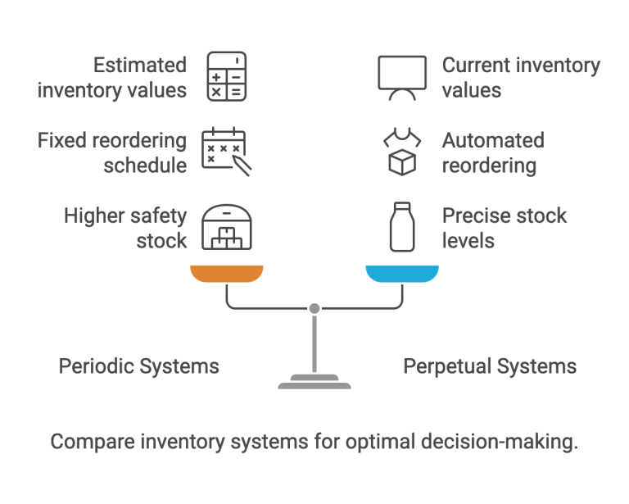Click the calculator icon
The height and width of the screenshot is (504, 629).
[x=226, y=77]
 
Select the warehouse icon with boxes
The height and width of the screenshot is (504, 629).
[x=227, y=227]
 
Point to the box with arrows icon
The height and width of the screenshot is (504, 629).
[x=402, y=152]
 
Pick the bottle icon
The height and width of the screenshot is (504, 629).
[x=402, y=228]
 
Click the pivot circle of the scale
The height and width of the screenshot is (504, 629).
[x=314, y=308]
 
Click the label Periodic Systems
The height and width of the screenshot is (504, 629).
[x=138, y=366]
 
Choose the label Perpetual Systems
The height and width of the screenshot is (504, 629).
[x=490, y=366]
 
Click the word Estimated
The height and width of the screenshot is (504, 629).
[x=140, y=66]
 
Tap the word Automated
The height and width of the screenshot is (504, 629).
[x=493, y=140]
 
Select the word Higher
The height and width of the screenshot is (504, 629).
[x=93, y=216]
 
